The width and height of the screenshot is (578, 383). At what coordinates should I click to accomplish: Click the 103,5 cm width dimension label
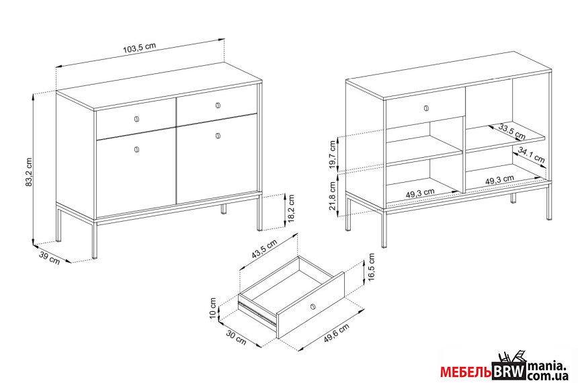click(139, 48)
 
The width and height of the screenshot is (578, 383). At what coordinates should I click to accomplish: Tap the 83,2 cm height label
click(29, 172)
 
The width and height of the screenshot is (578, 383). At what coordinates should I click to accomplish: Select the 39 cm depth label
click(50, 257)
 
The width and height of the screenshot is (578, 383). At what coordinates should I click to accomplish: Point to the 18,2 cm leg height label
click(292, 209)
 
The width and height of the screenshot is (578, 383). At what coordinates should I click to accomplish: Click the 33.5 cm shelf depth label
click(512, 131)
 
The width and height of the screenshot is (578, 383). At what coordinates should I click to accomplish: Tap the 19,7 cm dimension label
click(333, 155)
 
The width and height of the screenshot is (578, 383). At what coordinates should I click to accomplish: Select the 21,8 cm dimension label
click(333, 196)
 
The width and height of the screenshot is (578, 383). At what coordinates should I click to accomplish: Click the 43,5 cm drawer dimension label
click(264, 249)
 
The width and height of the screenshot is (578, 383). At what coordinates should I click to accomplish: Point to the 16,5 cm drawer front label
click(371, 267)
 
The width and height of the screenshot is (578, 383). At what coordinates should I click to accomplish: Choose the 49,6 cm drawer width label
click(337, 333)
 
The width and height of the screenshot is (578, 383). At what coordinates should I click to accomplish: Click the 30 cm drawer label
click(236, 338)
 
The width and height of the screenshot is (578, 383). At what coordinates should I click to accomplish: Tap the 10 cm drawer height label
click(213, 308)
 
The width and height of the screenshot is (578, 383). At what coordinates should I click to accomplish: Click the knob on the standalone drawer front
click(313, 306)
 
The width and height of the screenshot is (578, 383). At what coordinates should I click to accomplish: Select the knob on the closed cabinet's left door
click(136, 149)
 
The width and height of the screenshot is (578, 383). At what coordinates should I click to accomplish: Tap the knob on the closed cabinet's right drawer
click(218, 105)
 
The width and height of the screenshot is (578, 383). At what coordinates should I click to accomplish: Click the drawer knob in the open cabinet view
click(427, 108)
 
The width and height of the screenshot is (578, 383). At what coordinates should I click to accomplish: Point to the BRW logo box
click(509, 371)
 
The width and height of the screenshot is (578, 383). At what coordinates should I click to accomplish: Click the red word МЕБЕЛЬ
click(466, 372)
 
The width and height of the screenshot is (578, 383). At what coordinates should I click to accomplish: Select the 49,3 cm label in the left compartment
click(420, 193)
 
